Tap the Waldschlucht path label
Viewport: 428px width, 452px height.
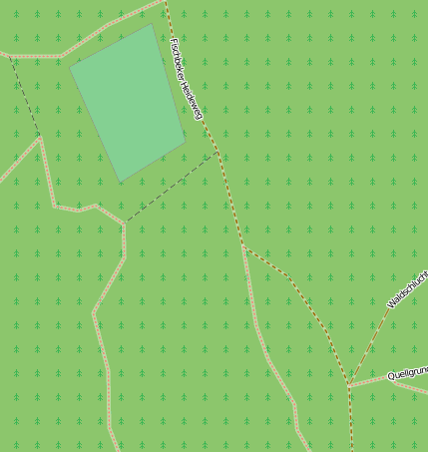pyautogui.click(x=406, y=288)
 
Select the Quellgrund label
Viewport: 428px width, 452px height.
pyautogui.click(x=407, y=374)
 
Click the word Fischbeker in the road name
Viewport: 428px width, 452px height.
pyautogui.click(x=180, y=61)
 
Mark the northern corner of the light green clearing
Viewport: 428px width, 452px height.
pyautogui.click(x=152, y=24)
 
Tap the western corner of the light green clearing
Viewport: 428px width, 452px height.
pyautogui.click(x=70, y=69)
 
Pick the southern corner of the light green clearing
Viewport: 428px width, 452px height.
pyautogui.click(x=121, y=182)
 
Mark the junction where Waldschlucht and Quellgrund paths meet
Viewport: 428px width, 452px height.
pyautogui.click(x=350, y=385)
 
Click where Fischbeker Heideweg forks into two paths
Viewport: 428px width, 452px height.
pyautogui.click(x=243, y=247)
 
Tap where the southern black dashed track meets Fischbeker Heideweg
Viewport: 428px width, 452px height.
pyautogui.click(x=217, y=154)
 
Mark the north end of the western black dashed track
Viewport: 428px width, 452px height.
pyautogui.click(x=8, y=55)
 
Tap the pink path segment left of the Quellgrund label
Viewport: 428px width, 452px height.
pyautogui.click(x=367, y=381)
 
